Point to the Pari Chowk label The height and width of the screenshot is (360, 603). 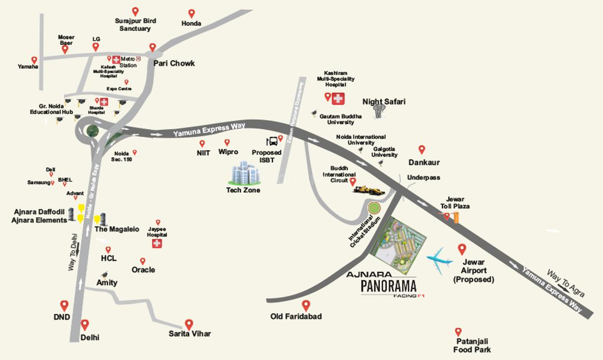[174, 63]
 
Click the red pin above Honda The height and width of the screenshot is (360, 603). [191, 14]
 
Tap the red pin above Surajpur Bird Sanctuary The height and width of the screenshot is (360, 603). [135, 11]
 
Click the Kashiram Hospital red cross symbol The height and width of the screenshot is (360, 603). [339, 97]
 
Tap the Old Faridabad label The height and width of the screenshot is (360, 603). [296, 316]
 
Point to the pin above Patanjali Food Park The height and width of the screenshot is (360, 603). [458, 332]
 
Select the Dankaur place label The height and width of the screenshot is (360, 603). [424, 162]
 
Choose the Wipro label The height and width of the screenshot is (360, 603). [228, 152]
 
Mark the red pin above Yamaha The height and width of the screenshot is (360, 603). [34, 60]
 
